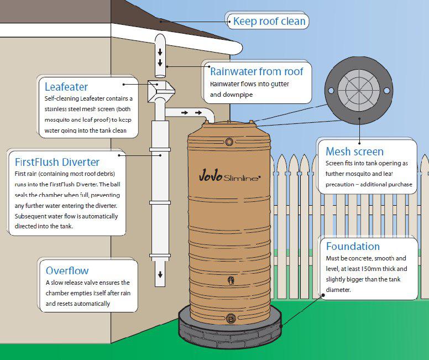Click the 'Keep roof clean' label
click(x=269, y=21)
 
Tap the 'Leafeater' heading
click(x=66, y=87)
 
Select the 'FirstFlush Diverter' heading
click(x=57, y=162)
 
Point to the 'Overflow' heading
click(x=67, y=270)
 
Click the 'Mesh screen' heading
click(x=354, y=152)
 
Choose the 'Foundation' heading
click(x=353, y=246)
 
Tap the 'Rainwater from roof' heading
click(x=257, y=71)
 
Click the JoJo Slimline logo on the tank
click(x=229, y=176)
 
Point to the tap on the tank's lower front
click(x=231, y=280)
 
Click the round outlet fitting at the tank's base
click(x=231, y=318)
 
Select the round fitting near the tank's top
click(x=229, y=142)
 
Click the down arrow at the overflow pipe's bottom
click(x=160, y=275)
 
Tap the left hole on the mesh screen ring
click(x=331, y=90)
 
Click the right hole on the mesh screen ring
click(x=386, y=90)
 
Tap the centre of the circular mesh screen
click(x=359, y=90)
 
